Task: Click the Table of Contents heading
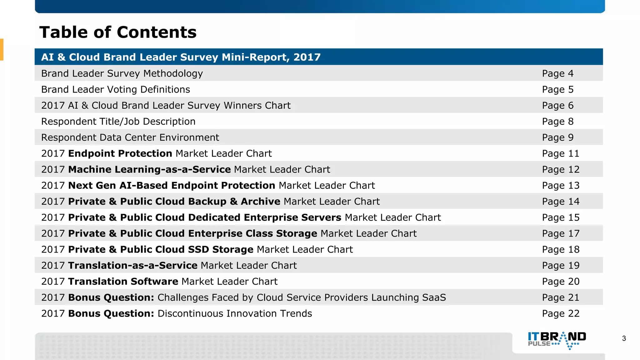click(x=118, y=32)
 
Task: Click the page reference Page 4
click(x=557, y=73)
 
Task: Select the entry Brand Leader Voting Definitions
click(x=115, y=90)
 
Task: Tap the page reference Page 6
click(x=557, y=106)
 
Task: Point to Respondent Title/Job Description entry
click(x=118, y=122)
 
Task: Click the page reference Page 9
click(x=557, y=137)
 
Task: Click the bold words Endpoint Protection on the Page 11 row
click(x=120, y=153)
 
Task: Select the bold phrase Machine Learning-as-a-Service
click(x=149, y=169)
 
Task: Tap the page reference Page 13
click(x=561, y=186)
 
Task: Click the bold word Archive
click(x=260, y=202)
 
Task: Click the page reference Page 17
click(x=561, y=233)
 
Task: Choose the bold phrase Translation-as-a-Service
click(x=133, y=265)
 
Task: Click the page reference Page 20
click(x=561, y=282)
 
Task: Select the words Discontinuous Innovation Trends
click(x=234, y=313)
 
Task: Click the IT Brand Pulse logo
click(x=557, y=340)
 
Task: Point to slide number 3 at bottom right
click(x=624, y=338)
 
